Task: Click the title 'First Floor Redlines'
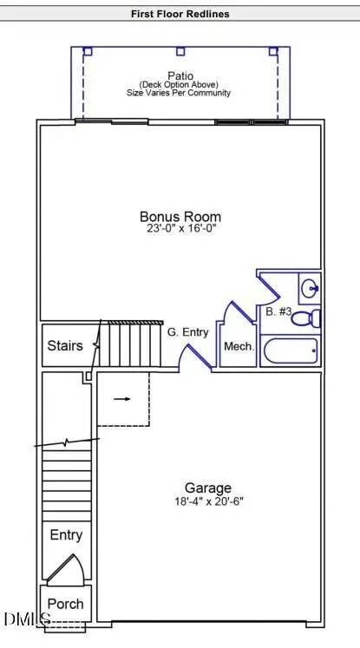click(180, 14)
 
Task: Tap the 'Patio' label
click(181, 75)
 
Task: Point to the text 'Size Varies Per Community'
click(181, 94)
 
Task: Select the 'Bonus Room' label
click(180, 217)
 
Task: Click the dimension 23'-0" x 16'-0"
click(180, 231)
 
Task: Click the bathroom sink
click(310, 285)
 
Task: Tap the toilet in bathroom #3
click(306, 318)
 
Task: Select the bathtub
click(290, 351)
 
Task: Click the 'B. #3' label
click(277, 311)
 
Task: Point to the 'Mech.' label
click(238, 346)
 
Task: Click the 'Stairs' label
click(65, 346)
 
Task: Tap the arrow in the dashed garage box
click(122, 399)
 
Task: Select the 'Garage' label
click(208, 488)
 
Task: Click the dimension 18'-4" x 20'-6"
click(208, 502)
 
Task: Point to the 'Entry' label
click(66, 535)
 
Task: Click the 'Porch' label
click(65, 604)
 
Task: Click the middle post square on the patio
click(180, 51)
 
